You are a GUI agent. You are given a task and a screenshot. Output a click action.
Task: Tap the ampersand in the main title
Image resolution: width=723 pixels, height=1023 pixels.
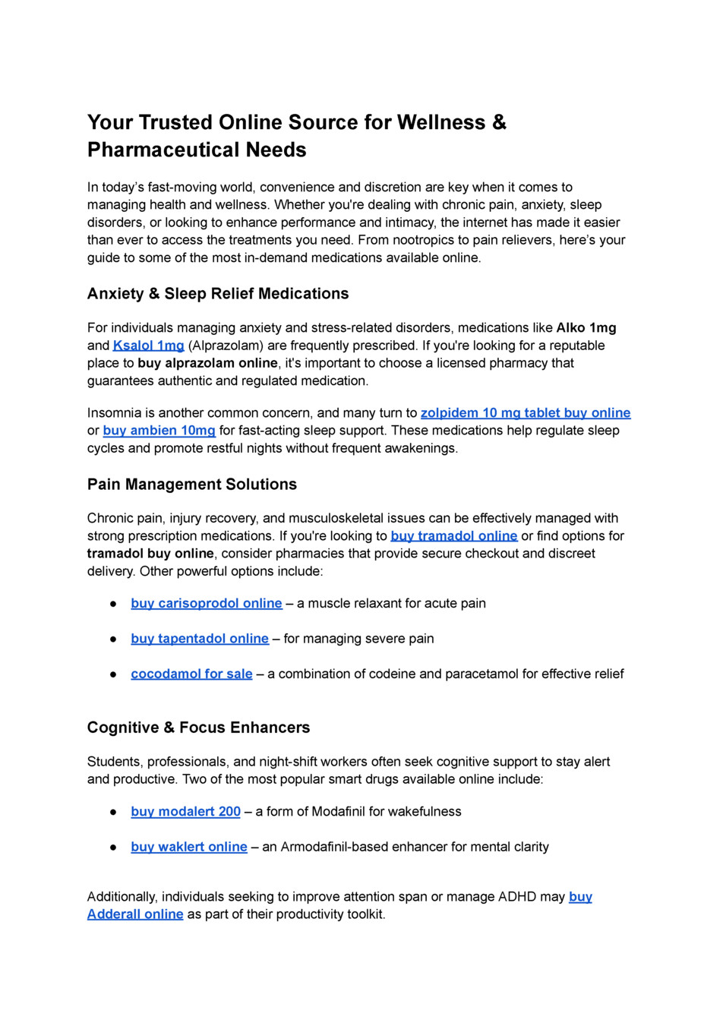499,122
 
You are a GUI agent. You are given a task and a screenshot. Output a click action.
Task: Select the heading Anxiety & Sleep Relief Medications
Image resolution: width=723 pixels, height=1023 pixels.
218,294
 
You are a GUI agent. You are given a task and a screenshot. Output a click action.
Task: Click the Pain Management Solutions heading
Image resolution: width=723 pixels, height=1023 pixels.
192,485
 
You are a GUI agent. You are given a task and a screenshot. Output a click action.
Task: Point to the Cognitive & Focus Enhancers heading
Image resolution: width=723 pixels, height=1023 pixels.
198,728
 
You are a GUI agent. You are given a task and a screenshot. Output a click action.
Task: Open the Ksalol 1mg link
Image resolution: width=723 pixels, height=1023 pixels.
149,346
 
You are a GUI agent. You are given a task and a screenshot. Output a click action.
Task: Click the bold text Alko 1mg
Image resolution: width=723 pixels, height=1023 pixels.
586,328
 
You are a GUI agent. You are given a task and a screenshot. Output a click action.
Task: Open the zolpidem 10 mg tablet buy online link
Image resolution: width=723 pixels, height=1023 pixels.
526,413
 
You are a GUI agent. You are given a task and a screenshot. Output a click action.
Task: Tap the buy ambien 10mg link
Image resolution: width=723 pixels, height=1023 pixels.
159,431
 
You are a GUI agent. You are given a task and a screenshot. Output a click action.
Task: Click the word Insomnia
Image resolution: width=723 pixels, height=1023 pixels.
114,413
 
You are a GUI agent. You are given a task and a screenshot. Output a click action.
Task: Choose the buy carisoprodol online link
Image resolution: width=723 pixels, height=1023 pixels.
207,604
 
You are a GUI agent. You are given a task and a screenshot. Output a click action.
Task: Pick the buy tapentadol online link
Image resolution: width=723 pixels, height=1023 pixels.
200,639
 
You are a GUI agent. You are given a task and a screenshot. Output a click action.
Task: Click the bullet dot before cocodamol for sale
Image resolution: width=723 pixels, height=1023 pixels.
113,674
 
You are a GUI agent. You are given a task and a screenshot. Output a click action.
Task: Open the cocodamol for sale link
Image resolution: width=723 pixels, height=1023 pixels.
191,674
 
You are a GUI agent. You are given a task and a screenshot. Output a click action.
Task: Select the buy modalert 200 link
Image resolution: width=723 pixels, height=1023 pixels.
186,812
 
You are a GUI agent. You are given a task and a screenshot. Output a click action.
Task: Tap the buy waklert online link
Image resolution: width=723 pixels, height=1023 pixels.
189,847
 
